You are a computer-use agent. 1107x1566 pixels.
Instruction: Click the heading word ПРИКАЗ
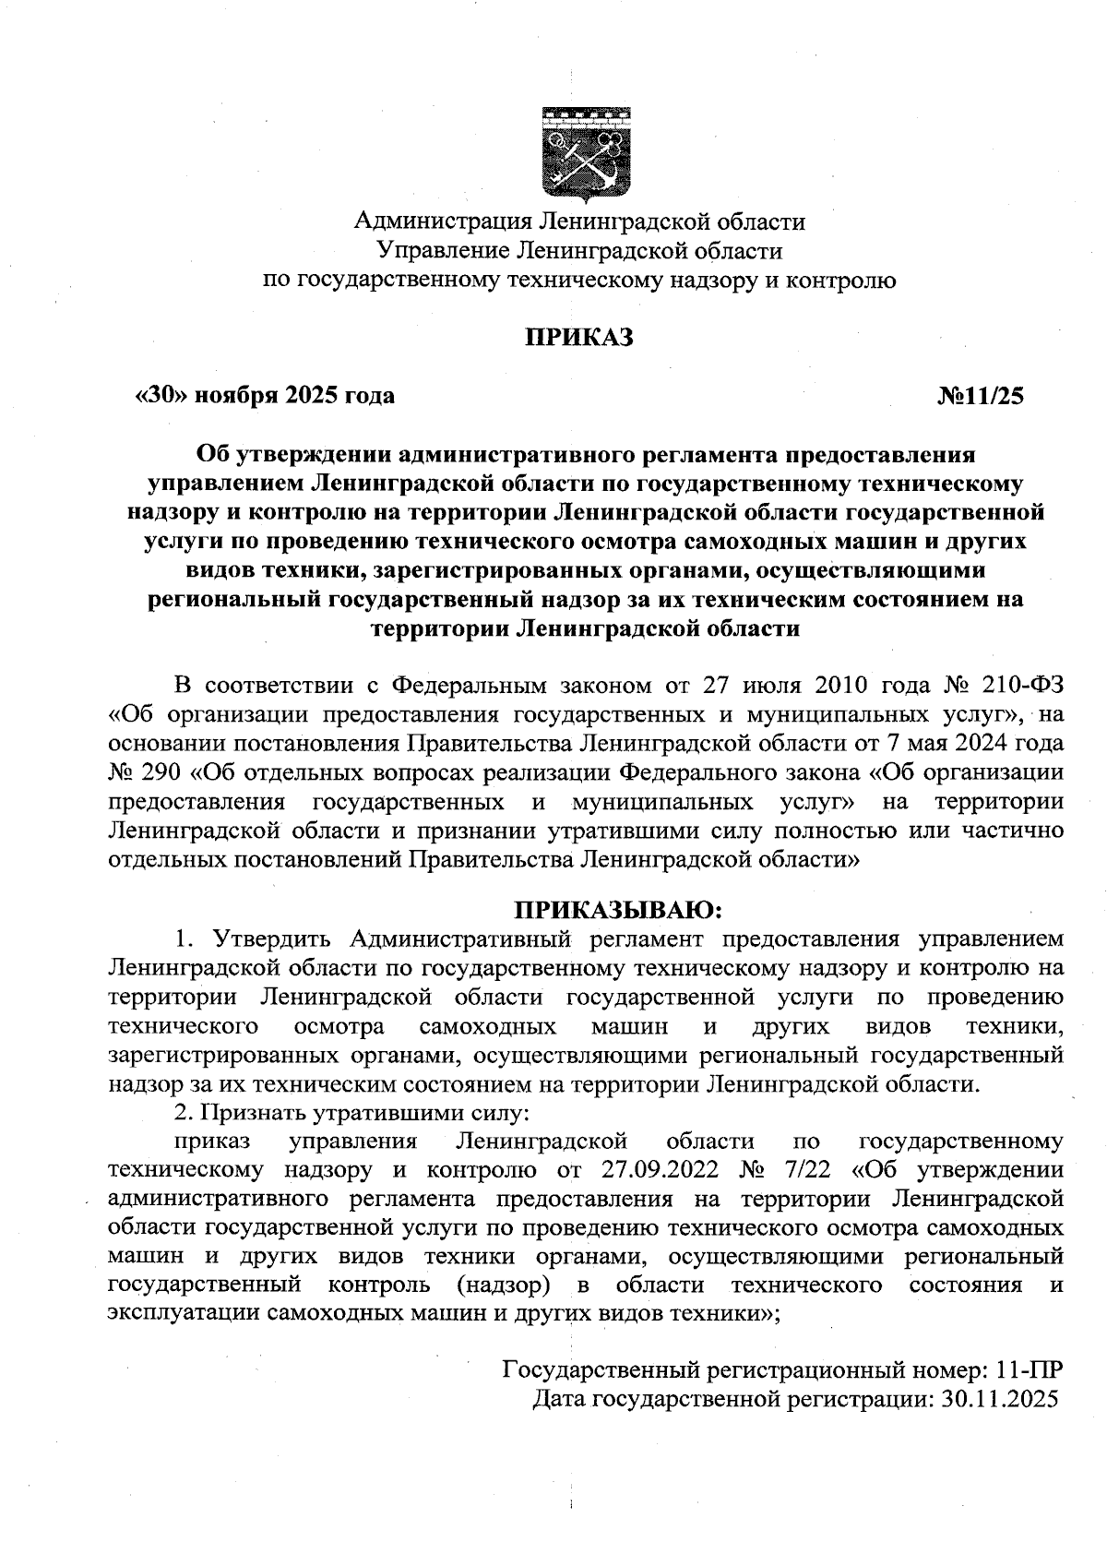coord(580,338)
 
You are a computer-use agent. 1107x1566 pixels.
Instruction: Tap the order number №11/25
coord(982,396)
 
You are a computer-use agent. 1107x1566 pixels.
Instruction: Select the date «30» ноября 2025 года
coord(266,396)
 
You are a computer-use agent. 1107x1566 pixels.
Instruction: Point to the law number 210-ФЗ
coord(1023,686)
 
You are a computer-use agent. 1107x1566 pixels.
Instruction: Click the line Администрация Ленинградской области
coord(580,221)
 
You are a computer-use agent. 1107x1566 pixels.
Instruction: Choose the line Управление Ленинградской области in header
coord(580,250)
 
